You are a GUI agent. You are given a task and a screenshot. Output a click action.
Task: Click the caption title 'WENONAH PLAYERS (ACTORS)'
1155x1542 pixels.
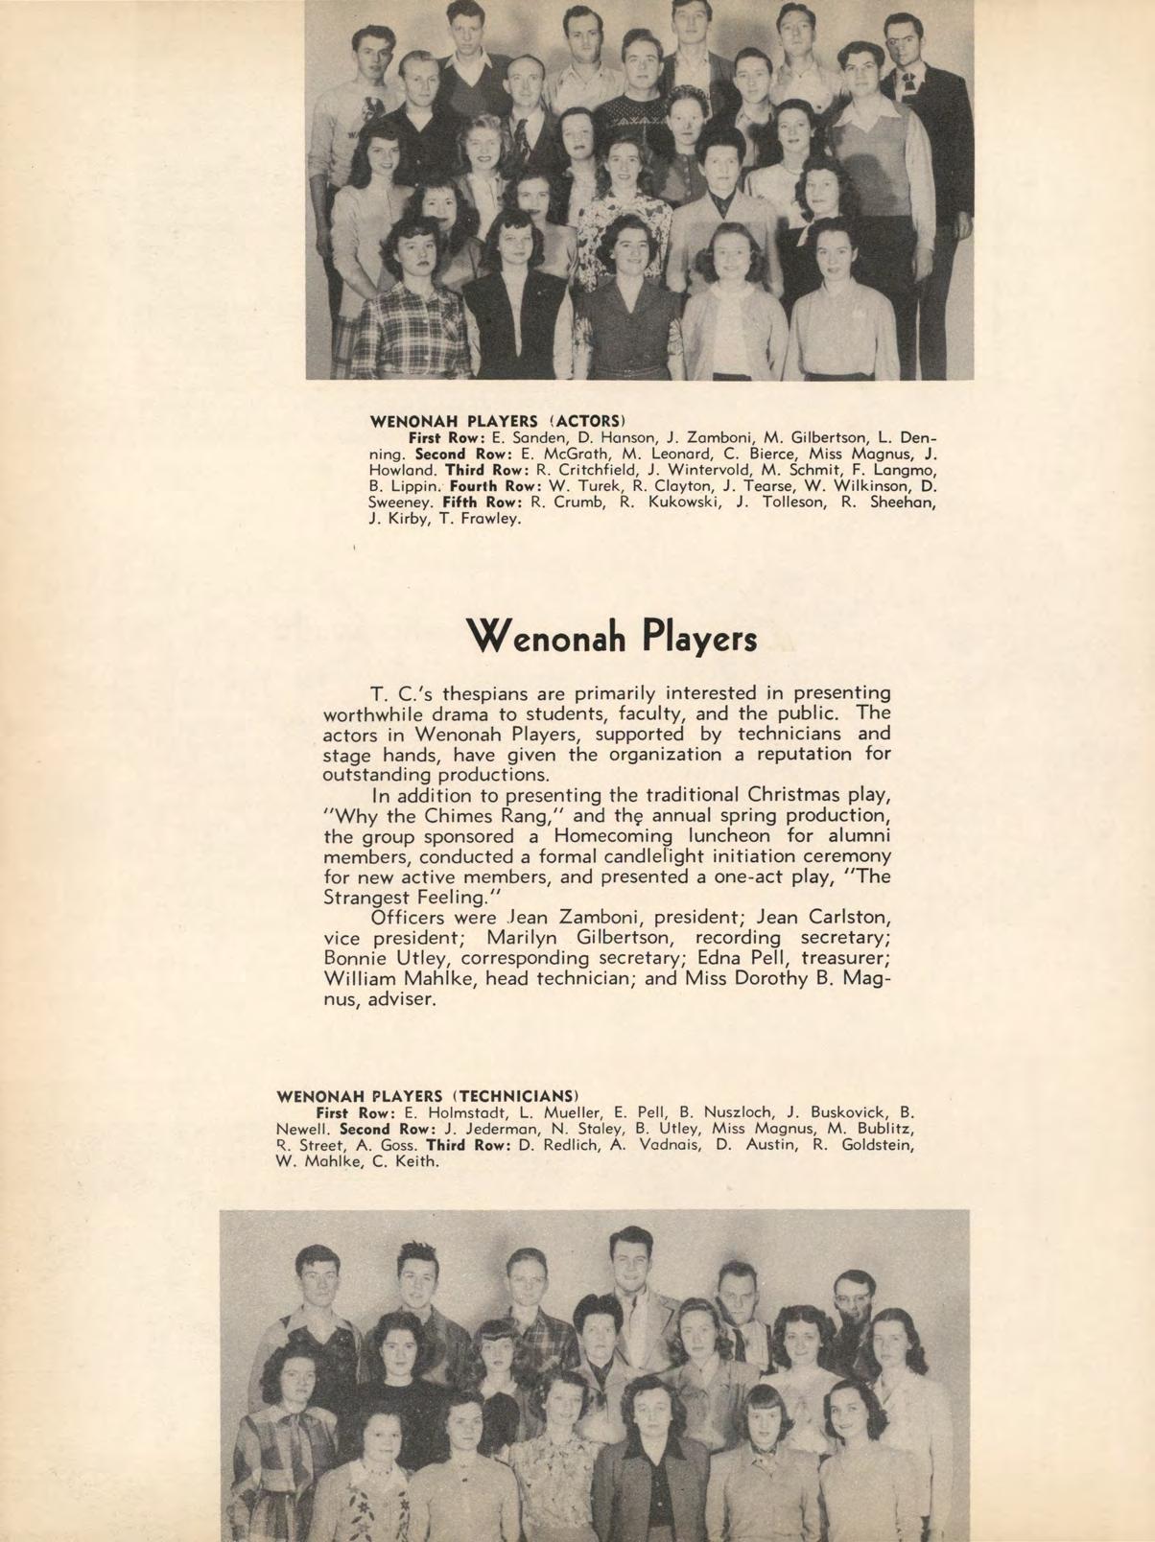498,420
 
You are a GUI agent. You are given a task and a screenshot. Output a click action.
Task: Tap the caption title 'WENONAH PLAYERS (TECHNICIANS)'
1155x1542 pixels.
426,1095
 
